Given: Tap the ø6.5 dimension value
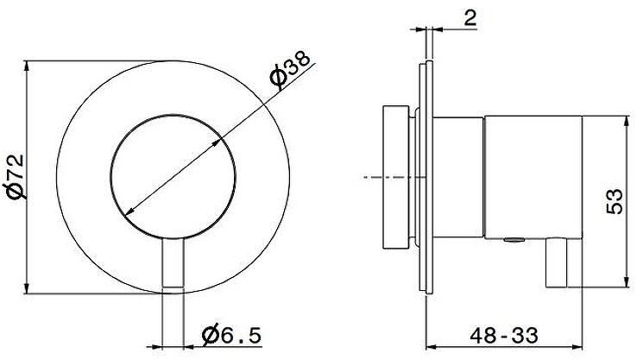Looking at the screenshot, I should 230,334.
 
